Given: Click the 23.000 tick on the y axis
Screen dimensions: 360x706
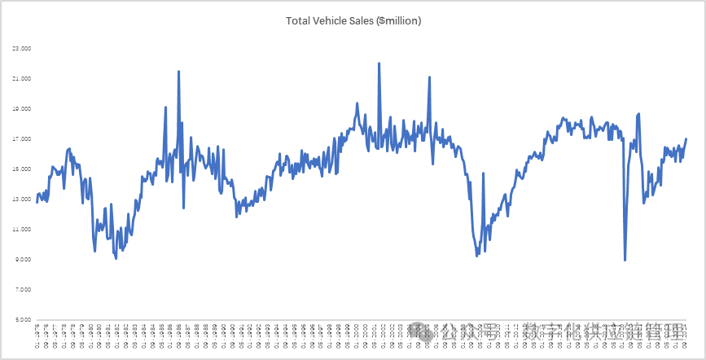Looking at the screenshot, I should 21,49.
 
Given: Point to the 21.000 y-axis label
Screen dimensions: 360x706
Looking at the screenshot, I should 21,79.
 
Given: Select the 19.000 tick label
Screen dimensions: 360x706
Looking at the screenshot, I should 21,109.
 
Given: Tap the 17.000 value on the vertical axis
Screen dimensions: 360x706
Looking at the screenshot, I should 21,139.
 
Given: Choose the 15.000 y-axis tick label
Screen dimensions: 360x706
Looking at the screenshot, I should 21,169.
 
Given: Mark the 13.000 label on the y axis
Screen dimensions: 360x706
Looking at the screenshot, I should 21,200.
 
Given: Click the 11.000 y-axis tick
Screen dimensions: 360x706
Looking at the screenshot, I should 21,230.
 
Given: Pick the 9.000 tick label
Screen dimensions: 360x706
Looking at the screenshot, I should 23,260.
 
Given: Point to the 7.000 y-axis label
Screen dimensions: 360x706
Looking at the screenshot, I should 23,290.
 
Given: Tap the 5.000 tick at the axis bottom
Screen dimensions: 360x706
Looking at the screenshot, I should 23,320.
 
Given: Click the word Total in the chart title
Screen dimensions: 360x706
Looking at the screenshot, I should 299,20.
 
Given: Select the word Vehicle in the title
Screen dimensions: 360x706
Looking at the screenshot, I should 334,20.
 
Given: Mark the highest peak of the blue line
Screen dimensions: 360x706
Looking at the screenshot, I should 379,63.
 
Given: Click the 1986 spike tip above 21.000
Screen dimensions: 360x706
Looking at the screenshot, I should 178,72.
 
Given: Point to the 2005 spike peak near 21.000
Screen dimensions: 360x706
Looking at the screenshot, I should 429,77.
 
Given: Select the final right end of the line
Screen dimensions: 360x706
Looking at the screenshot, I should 686,138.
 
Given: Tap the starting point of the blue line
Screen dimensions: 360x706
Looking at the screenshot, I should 37,201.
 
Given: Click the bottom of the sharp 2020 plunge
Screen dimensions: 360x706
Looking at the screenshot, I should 625,260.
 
